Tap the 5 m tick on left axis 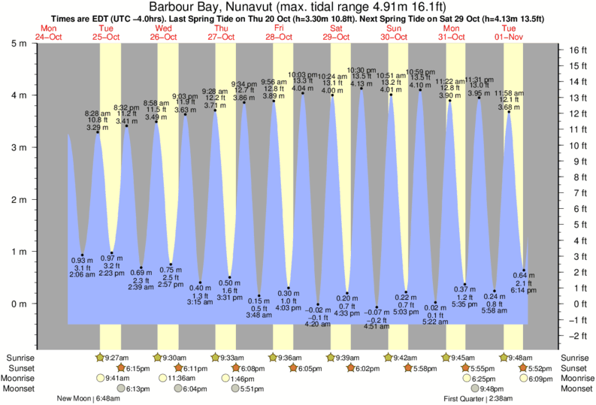[x=17, y=43]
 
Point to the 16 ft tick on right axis [x=576, y=51]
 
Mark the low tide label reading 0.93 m [x=81, y=260]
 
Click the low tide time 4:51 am [x=376, y=326]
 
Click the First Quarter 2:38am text [x=478, y=398]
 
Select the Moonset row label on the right [x=576, y=388]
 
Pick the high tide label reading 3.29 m [x=97, y=128]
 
